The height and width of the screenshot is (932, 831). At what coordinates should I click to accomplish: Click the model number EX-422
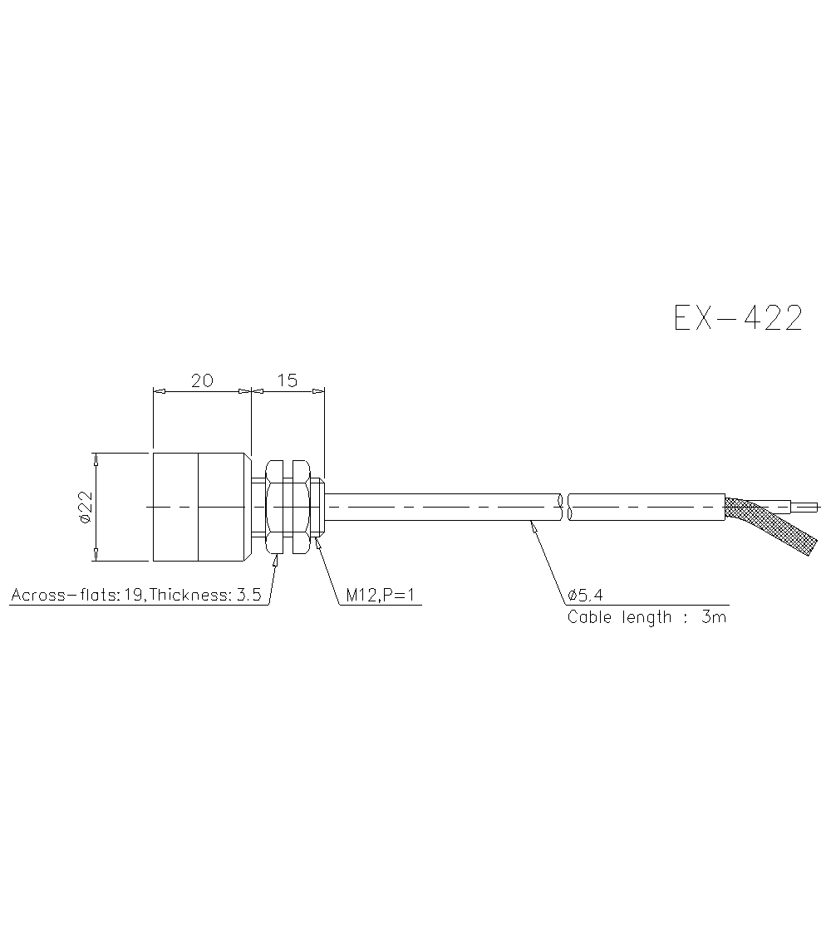738,318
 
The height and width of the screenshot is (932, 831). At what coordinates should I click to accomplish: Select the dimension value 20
202,380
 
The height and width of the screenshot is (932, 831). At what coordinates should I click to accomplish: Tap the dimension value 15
287,380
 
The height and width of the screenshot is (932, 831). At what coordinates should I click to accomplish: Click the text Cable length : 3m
647,617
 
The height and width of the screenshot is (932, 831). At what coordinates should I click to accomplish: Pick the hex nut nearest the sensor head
273,507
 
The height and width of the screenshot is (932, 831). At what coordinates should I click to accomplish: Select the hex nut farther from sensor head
300,507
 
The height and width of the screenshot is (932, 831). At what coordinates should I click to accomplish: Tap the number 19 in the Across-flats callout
131,596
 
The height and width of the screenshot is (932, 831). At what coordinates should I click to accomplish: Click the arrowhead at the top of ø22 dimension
96,458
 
